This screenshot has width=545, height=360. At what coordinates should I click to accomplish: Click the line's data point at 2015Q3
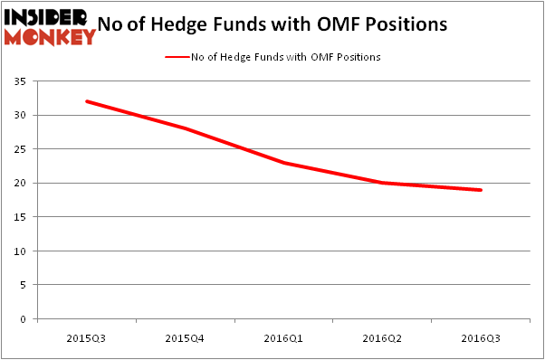coord(87,101)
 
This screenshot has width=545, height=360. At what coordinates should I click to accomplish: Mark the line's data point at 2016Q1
coord(284,163)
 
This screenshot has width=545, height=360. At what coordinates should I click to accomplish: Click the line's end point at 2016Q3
coord(481,190)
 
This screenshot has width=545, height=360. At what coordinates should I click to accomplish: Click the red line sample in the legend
coord(177,57)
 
